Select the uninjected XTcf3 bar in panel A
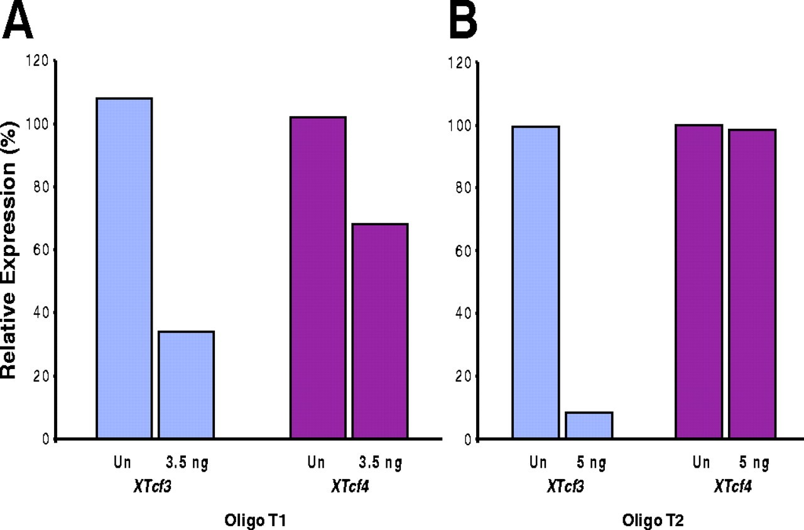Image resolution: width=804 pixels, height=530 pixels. point(124,268)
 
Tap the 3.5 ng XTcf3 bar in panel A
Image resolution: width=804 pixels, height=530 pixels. point(187,384)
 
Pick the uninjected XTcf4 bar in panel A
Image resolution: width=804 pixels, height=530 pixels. point(318,277)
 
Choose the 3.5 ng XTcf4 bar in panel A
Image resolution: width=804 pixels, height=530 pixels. point(380,331)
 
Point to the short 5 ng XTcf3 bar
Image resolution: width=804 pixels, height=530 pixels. point(589,425)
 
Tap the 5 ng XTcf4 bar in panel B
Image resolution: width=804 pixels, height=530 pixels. point(752,284)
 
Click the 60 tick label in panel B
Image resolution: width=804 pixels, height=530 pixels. point(464,250)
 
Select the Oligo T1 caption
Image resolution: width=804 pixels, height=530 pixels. point(251,520)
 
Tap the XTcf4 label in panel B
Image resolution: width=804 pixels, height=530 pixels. point(734,486)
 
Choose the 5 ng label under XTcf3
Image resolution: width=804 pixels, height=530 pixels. point(590,464)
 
